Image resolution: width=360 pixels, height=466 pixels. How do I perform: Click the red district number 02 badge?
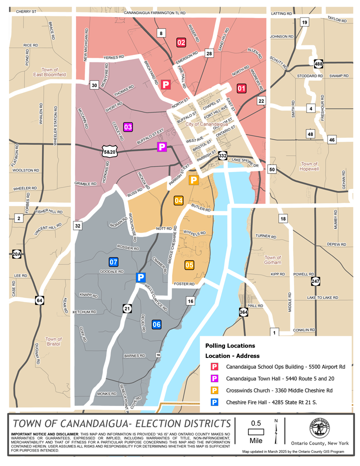181,42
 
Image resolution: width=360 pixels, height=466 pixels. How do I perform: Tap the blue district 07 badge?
113,261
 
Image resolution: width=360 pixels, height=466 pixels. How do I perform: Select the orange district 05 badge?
189,265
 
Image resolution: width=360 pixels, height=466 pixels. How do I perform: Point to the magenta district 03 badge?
128,127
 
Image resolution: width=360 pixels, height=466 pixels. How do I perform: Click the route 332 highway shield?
223,156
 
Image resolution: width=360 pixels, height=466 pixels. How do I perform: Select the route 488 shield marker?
318,64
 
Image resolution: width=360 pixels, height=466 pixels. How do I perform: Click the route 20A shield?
16,254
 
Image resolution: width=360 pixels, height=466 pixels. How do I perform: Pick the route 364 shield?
243,312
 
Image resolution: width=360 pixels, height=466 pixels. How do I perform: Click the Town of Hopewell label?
309,166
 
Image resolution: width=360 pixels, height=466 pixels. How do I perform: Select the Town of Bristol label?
52,341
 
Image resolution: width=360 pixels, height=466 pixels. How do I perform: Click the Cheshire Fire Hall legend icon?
213,401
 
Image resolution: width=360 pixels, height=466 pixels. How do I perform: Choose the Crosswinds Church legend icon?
213,390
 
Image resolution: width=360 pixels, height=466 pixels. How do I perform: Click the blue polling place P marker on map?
141,277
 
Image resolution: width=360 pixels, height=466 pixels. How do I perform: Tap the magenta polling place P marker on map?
162,146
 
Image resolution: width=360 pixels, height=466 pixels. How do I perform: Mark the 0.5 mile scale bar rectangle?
255,431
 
